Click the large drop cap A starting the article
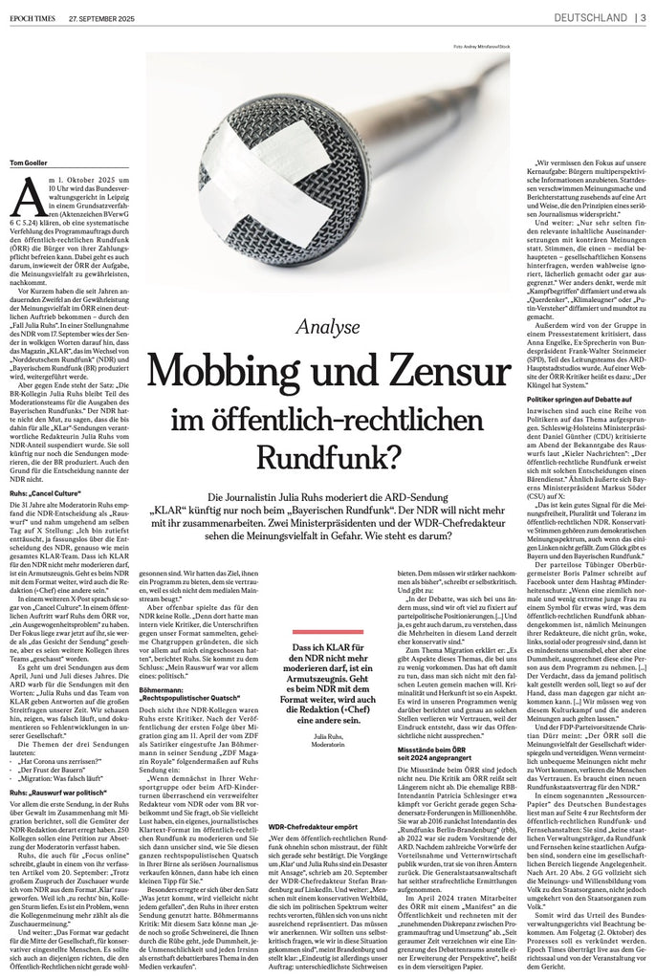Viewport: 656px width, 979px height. point(25,199)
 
